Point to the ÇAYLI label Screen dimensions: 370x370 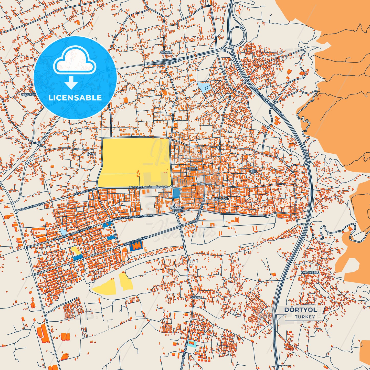(x=91, y=154)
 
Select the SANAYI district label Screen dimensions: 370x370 (x=192, y=168)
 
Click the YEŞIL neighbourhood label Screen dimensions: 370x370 (x=253, y=171)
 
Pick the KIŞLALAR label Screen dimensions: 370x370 (x=221, y=198)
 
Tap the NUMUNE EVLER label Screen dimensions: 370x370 (x=177, y=209)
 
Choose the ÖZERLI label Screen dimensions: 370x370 (x=196, y=298)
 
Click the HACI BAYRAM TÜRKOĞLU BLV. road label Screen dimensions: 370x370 (x=148, y=187)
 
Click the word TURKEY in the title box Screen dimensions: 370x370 (x=305, y=317)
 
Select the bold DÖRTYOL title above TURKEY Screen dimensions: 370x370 (x=300, y=310)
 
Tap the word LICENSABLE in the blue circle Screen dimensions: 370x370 (x=75, y=98)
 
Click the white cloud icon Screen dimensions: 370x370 (x=75, y=61)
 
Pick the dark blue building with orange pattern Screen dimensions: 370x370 (x=136, y=246)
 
